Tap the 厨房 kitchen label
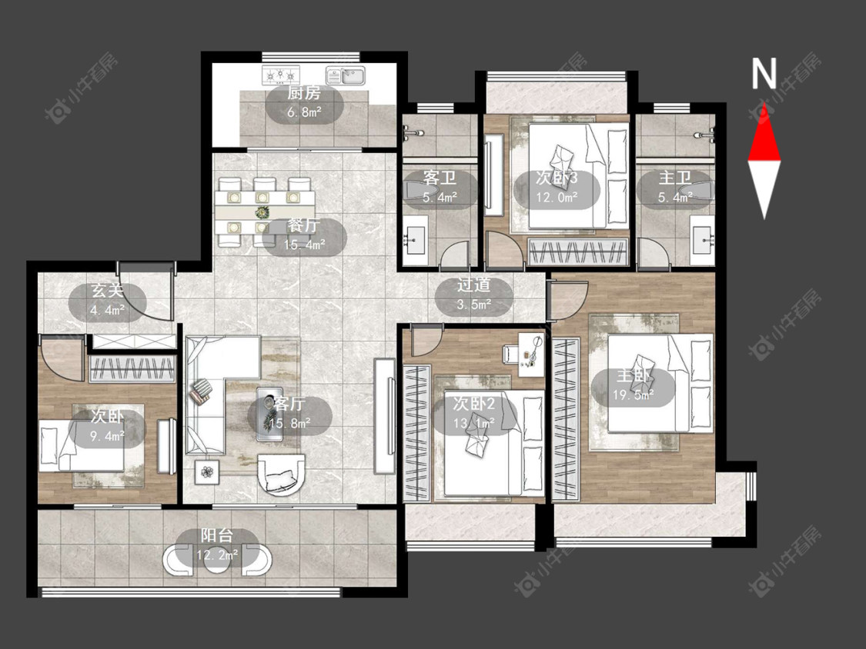[303, 93]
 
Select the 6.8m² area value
[304, 112]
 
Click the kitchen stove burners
[280, 75]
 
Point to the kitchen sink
[346, 75]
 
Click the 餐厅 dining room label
[303, 225]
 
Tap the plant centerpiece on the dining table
[262, 212]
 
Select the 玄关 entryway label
[107, 291]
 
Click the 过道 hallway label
[473, 285]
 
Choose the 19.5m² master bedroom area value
[633, 395]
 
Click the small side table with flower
[207, 472]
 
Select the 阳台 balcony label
[216, 534]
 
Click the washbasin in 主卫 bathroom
[703, 239]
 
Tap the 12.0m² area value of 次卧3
[557, 198]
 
